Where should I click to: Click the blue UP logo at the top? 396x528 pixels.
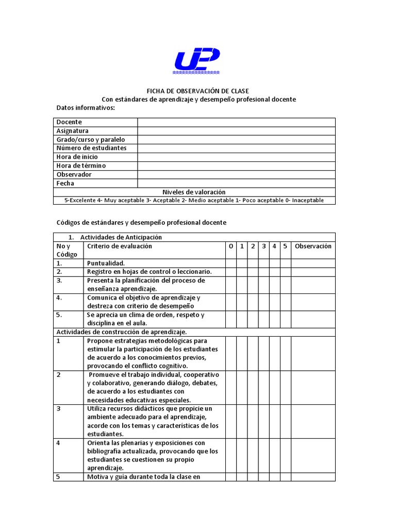pyautogui.click(x=197, y=60)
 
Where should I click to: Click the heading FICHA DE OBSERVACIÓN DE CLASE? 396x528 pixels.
pyautogui.click(x=198, y=91)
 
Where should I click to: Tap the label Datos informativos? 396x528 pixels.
pyautogui.click(x=86, y=108)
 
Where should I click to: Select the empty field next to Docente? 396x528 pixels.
pyautogui.click(x=236, y=122)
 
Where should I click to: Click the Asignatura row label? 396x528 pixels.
pyautogui.click(x=73, y=131)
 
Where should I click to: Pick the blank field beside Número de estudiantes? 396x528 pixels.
pyautogui.click(x=236, y=148)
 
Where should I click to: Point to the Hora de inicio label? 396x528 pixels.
pyautogui.click(x=77, y=157)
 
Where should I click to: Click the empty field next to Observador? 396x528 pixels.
pyautogui.click(x=236, y=174)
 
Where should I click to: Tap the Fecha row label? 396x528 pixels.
pyautogui.click(x=65, y=183)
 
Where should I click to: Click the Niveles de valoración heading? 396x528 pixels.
pyautogui.click(x=194, y=192)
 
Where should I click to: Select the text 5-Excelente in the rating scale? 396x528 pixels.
pyautogui.click(x=79, y=200)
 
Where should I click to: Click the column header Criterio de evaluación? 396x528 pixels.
pyautogui.click(x=120, y=246)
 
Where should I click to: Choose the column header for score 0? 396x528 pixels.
pyautogui.click(x=230, y=246)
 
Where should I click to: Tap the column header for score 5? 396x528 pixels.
pyautogui.click(x=285, y=246)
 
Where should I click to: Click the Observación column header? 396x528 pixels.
pyautogui.click(x=313, y=246)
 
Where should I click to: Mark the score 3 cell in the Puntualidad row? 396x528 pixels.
pyautogui.click(x=263, y=263)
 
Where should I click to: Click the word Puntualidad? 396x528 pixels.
pyautogui.click(x=106, y=263)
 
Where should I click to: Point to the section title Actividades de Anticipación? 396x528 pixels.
pyautogui.click(x=121, y=237)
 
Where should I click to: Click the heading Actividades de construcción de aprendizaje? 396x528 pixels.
pyautogui.click(x=122, y=332)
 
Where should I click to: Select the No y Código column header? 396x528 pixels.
pyautogui.click(x=67, y=250)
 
